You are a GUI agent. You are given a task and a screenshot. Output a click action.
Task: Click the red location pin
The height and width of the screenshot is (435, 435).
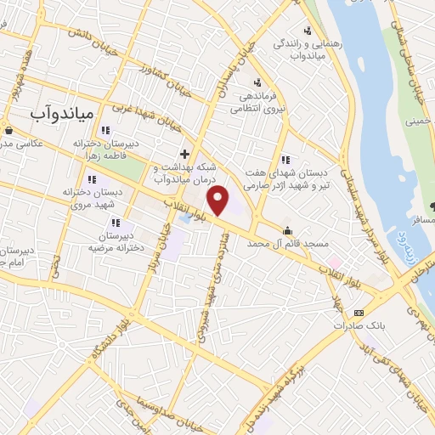pos(219,201)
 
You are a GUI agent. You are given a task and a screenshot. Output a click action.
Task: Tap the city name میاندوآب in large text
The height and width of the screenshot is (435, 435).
pos(66,110)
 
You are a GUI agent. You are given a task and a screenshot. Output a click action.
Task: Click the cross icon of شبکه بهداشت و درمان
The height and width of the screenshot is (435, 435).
pos(184,154)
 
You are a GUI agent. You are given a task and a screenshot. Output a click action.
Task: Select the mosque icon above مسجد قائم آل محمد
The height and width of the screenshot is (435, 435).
pos(288,229)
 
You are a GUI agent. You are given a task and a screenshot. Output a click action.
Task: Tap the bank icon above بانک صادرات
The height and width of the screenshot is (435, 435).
pos(358,312)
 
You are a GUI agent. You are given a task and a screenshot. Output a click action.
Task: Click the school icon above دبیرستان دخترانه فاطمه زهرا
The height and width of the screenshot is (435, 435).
pos(105,131)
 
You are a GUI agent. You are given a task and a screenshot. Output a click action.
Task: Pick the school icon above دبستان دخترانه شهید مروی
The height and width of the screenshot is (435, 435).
pos(93,180)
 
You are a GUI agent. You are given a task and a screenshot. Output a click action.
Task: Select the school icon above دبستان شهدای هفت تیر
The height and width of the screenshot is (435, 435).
pos(285,159)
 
